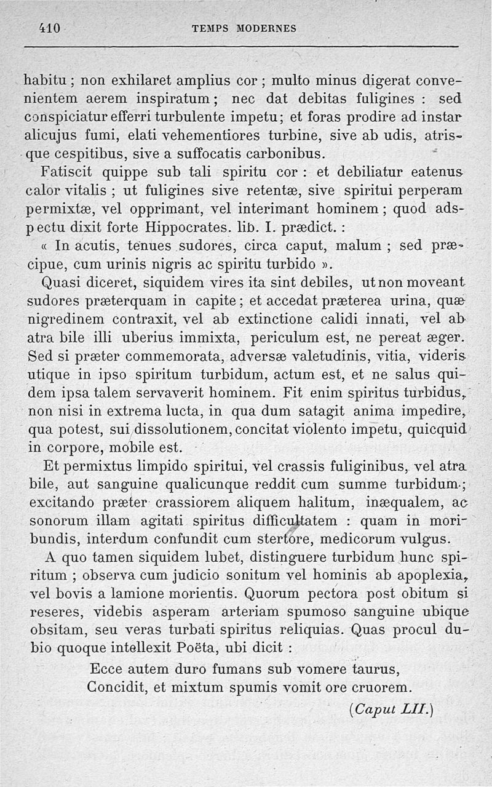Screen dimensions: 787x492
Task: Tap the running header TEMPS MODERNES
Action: (x=244, y=28)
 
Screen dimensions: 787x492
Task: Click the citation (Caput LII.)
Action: (x=391, y=709)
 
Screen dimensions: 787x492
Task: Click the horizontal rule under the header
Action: (x=242, y=47)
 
